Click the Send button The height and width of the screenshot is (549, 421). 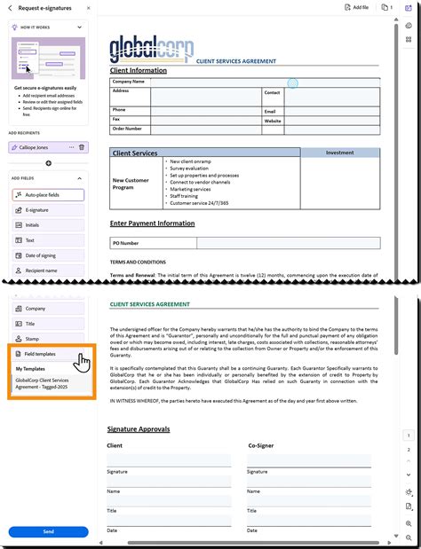coord(48,531)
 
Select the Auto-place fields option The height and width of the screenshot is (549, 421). coord(48,194)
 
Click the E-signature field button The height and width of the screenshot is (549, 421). coord(48,210)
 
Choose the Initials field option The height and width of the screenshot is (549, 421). coord(48,225)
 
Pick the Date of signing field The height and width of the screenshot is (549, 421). coord(48,255)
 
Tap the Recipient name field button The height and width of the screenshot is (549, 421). coord(48,271)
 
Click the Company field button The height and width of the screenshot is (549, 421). coord(48,309)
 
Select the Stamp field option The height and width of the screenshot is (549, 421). coord(48,339)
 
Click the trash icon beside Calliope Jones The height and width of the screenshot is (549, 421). coord(82,147)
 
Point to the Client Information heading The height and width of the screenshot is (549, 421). coord(138,70)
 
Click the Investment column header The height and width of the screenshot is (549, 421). coord(339,153)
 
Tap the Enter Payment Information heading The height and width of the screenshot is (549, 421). coord(152,224)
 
